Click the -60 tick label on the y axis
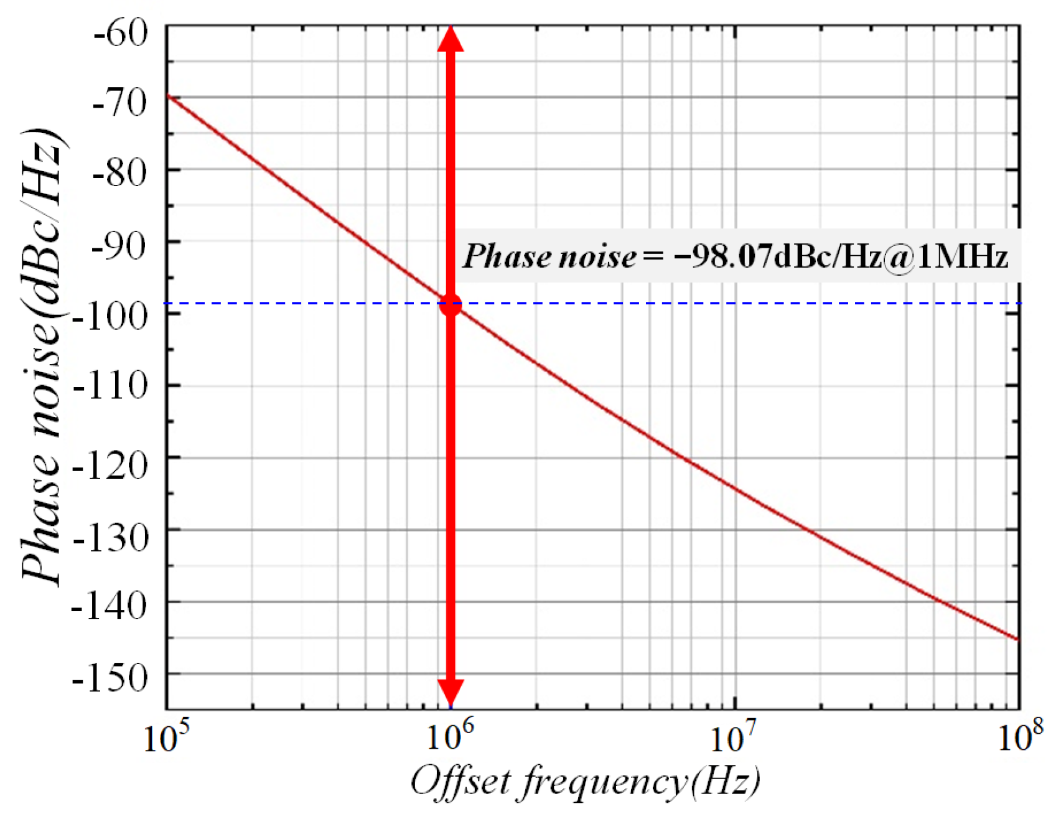point(121,32)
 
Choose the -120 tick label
point(111,462)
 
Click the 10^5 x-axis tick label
point(165,737)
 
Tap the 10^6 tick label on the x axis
point(449,737)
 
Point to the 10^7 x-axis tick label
point(734,737)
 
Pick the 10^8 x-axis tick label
point(1019,737)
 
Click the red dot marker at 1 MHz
point(451,304)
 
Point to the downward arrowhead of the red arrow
point(451,692)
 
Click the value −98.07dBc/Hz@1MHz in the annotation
point(840,256)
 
